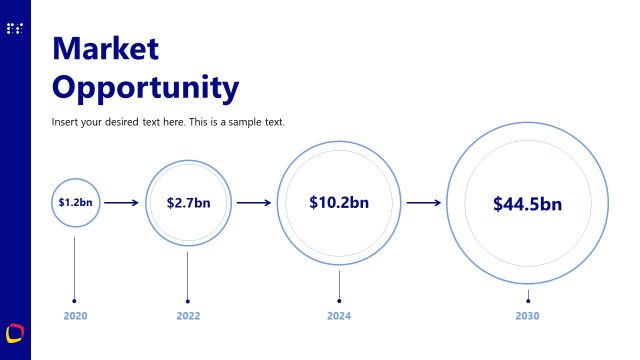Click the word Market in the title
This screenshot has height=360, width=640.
click(x=105, y=49)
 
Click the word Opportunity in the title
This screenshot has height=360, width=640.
click(x=145, y=88)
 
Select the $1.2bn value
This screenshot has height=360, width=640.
click(x=75, y=202)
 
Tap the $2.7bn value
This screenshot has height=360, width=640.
click(x=188, y=203)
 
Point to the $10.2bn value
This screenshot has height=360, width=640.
click(x=339, y=202)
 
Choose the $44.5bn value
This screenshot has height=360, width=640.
click(x=527, y=204)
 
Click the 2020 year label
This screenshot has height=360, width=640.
click(x=75, y=316)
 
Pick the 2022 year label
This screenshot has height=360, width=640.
click(x=188, y=316)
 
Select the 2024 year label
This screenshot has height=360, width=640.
click(x=339, y=316)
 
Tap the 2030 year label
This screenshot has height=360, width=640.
click(x=528, y=316)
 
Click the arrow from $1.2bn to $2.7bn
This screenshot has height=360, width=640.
click(x=122, y=203)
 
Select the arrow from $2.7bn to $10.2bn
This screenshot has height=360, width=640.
click(x=254, y=203)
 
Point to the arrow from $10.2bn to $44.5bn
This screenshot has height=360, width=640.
click(x=424, y=203)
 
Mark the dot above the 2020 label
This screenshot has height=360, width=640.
click(x=75, y=300)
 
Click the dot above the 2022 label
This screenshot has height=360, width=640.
click(x=188, y=300)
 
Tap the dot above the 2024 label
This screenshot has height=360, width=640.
click(x=339, y=300)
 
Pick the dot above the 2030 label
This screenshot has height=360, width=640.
click(x=528, y=300)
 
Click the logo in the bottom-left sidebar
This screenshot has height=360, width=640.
click(x=15, y=331)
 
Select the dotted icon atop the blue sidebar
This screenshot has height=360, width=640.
click(x=14, y=29)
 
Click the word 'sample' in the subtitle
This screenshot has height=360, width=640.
click(x=245, y=122)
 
